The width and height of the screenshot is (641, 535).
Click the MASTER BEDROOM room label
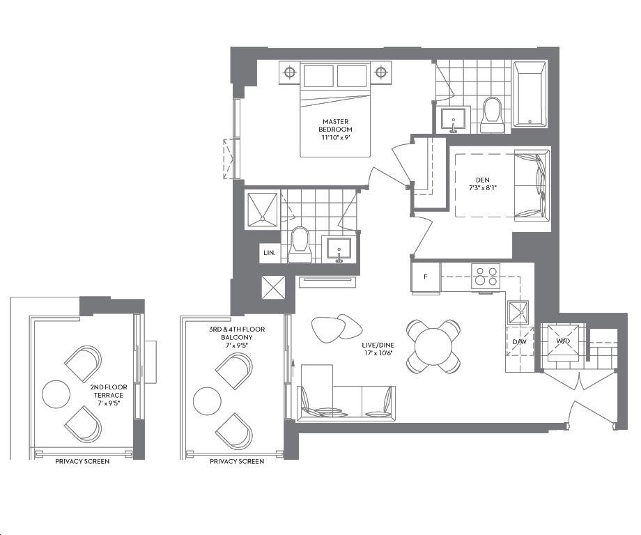click(336, 129)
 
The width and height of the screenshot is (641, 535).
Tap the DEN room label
click(482, 184)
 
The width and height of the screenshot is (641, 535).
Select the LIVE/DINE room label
click(378, 348)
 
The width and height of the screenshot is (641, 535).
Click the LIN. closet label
click(269, 253)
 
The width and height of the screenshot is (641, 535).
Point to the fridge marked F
click(426, 277)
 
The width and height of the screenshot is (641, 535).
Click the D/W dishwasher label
click(519, 341)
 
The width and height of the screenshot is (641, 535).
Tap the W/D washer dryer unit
click(563, 341)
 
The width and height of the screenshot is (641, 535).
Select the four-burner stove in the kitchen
click(486, 277)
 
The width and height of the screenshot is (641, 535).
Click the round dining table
click(433, 347)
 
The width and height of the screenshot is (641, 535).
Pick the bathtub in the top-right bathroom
click(530, 95)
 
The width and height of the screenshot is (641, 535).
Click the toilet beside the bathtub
click(491, 115)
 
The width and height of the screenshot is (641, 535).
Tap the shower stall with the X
click(262, 210)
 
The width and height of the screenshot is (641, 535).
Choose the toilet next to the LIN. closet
click(300, 245)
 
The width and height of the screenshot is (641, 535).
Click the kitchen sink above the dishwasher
click(518, 313)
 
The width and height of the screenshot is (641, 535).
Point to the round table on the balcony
click(207, 401)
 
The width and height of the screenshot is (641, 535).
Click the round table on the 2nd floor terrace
click(56, 394)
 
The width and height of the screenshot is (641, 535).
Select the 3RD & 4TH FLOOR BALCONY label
click(237, 337)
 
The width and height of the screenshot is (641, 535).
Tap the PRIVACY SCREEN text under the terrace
click(82, 461)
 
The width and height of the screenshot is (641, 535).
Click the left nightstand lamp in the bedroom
click(289, 72)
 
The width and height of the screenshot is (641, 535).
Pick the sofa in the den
click(532, 186)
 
